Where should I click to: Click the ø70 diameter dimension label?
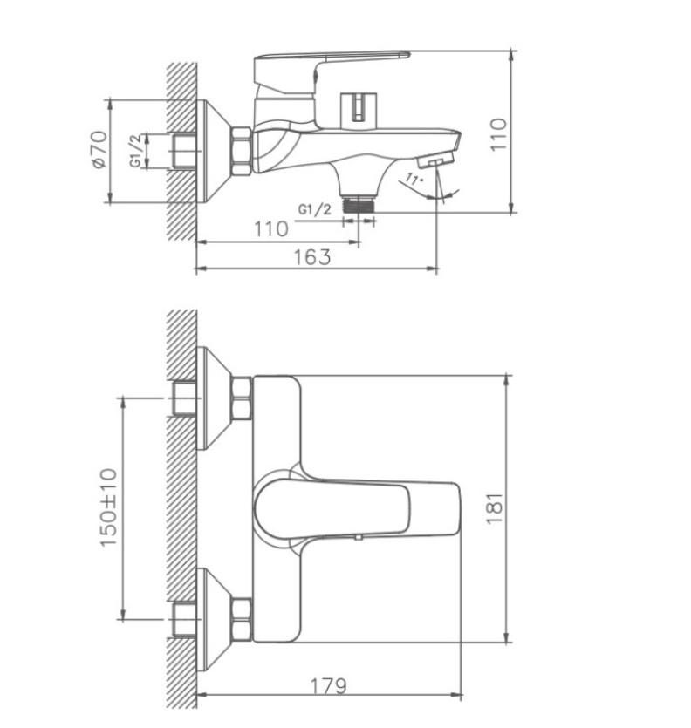click(x=100, y=149)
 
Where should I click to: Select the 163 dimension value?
click(x=312, y=256)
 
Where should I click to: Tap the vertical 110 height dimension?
click(x=498, y=134)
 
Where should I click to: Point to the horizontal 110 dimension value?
click(x=270, y=229)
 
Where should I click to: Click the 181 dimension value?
click(x=495, y=508)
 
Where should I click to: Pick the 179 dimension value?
click(x=329, y=685)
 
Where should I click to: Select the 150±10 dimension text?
click(x=109, y=507)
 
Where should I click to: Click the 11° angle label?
click(x=414, y=179)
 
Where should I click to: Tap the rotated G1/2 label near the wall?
click(x=134, y=151)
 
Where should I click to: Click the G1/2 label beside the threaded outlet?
click(x=315, y=209)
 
